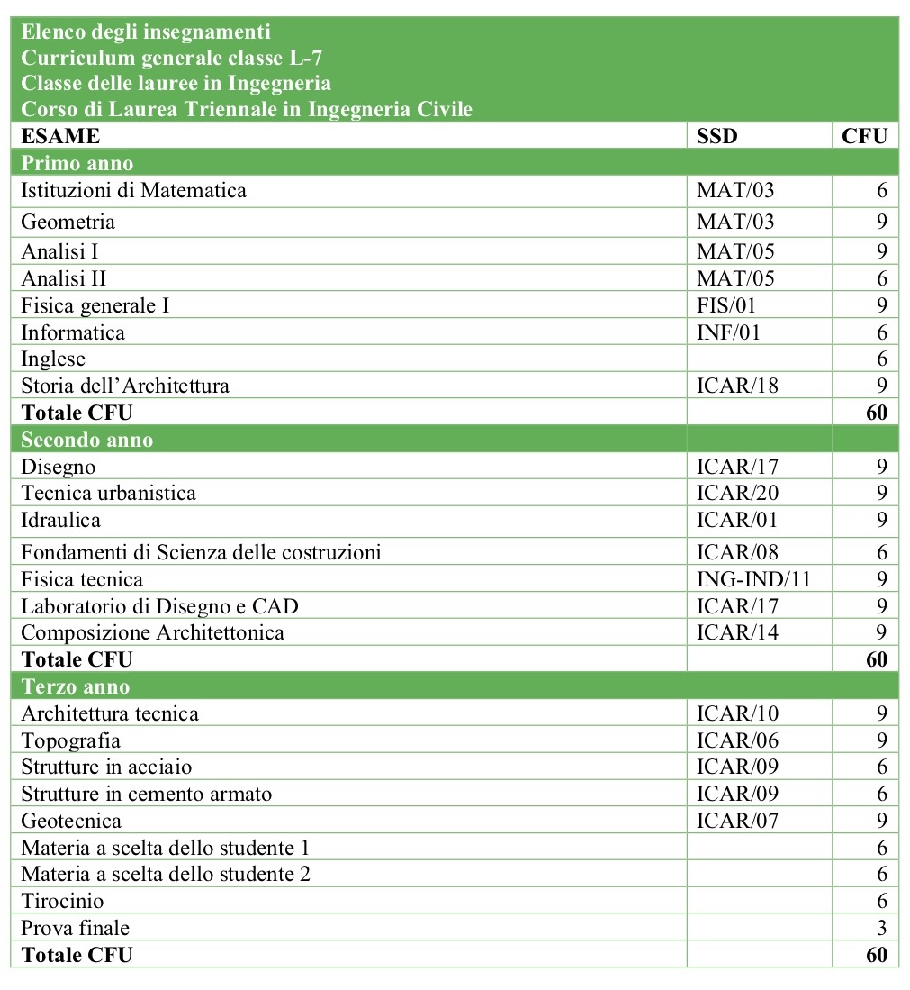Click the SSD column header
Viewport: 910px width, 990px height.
[716, 136]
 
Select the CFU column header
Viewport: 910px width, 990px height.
[864, 136]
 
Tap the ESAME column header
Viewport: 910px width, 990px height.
[60, 136]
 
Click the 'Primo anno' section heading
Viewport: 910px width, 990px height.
[77, 163]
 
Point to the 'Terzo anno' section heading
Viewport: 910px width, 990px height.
[77, 686]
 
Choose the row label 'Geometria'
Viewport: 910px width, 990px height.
[68, 222]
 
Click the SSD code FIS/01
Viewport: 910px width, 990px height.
[726, 305]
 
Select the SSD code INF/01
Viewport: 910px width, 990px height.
[728, 332]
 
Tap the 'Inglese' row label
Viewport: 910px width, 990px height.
[53, 359]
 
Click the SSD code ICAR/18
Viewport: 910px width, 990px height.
[737, 386]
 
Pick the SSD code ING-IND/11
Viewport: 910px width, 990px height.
[753, 579]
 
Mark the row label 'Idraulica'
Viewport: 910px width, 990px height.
[61, 520]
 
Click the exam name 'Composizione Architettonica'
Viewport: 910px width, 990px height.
[152, 632]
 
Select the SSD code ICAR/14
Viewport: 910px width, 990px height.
[737, 632]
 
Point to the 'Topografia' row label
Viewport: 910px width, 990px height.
[70, 740]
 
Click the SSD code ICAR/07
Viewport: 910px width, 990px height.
[737, 821]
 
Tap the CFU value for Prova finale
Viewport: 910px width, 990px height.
[882, 928]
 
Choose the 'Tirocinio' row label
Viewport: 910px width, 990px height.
[62, 901]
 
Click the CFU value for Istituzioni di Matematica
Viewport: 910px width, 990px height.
[882, 190]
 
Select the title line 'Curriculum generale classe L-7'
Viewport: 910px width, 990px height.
[168, 59]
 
